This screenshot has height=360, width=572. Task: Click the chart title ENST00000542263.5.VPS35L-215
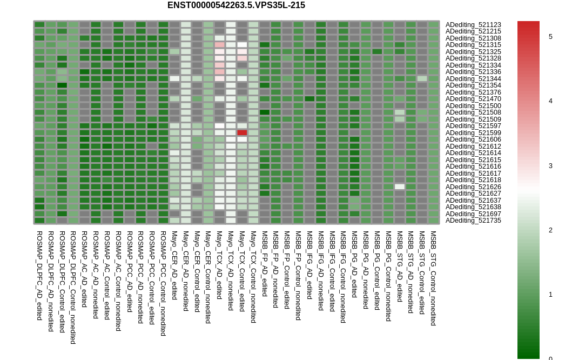click(x=236, y=5)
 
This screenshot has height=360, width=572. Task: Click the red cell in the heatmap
click(x=242, y=132)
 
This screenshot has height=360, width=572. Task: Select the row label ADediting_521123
click(x=473, y=25)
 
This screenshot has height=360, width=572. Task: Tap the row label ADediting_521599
click(x=473, y=133)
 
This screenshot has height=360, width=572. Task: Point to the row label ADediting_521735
click(x=473, y=221)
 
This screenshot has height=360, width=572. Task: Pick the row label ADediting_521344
click(x=473, y=79)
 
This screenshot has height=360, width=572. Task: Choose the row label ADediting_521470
click(x=473, y=99)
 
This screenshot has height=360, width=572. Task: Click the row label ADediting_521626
click(x=473, y=187)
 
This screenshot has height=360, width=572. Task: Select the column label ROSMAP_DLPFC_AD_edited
click(x=39, y=276)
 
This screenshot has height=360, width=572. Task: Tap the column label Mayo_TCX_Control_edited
click(x=241, y=271)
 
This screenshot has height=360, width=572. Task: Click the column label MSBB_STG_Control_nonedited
click(x=433, y=278)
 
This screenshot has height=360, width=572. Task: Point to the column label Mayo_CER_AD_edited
click(x=174, y=265)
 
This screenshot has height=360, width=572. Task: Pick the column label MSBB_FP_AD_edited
click(x=265, y=264)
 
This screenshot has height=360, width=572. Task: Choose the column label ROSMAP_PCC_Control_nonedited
click(x=163, y=283)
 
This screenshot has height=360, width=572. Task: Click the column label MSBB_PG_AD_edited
click(x=354, y=264)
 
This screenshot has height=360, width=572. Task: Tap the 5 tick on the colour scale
click(x=550, y=37)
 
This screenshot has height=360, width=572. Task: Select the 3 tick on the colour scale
click(x=550, y=166)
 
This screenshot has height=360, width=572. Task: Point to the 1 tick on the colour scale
click(x=550, y=295)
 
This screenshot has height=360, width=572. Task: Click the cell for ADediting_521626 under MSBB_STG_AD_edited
click(x=400, y=186)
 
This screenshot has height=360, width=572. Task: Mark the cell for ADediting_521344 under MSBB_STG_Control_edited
click(x=422, y=78)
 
